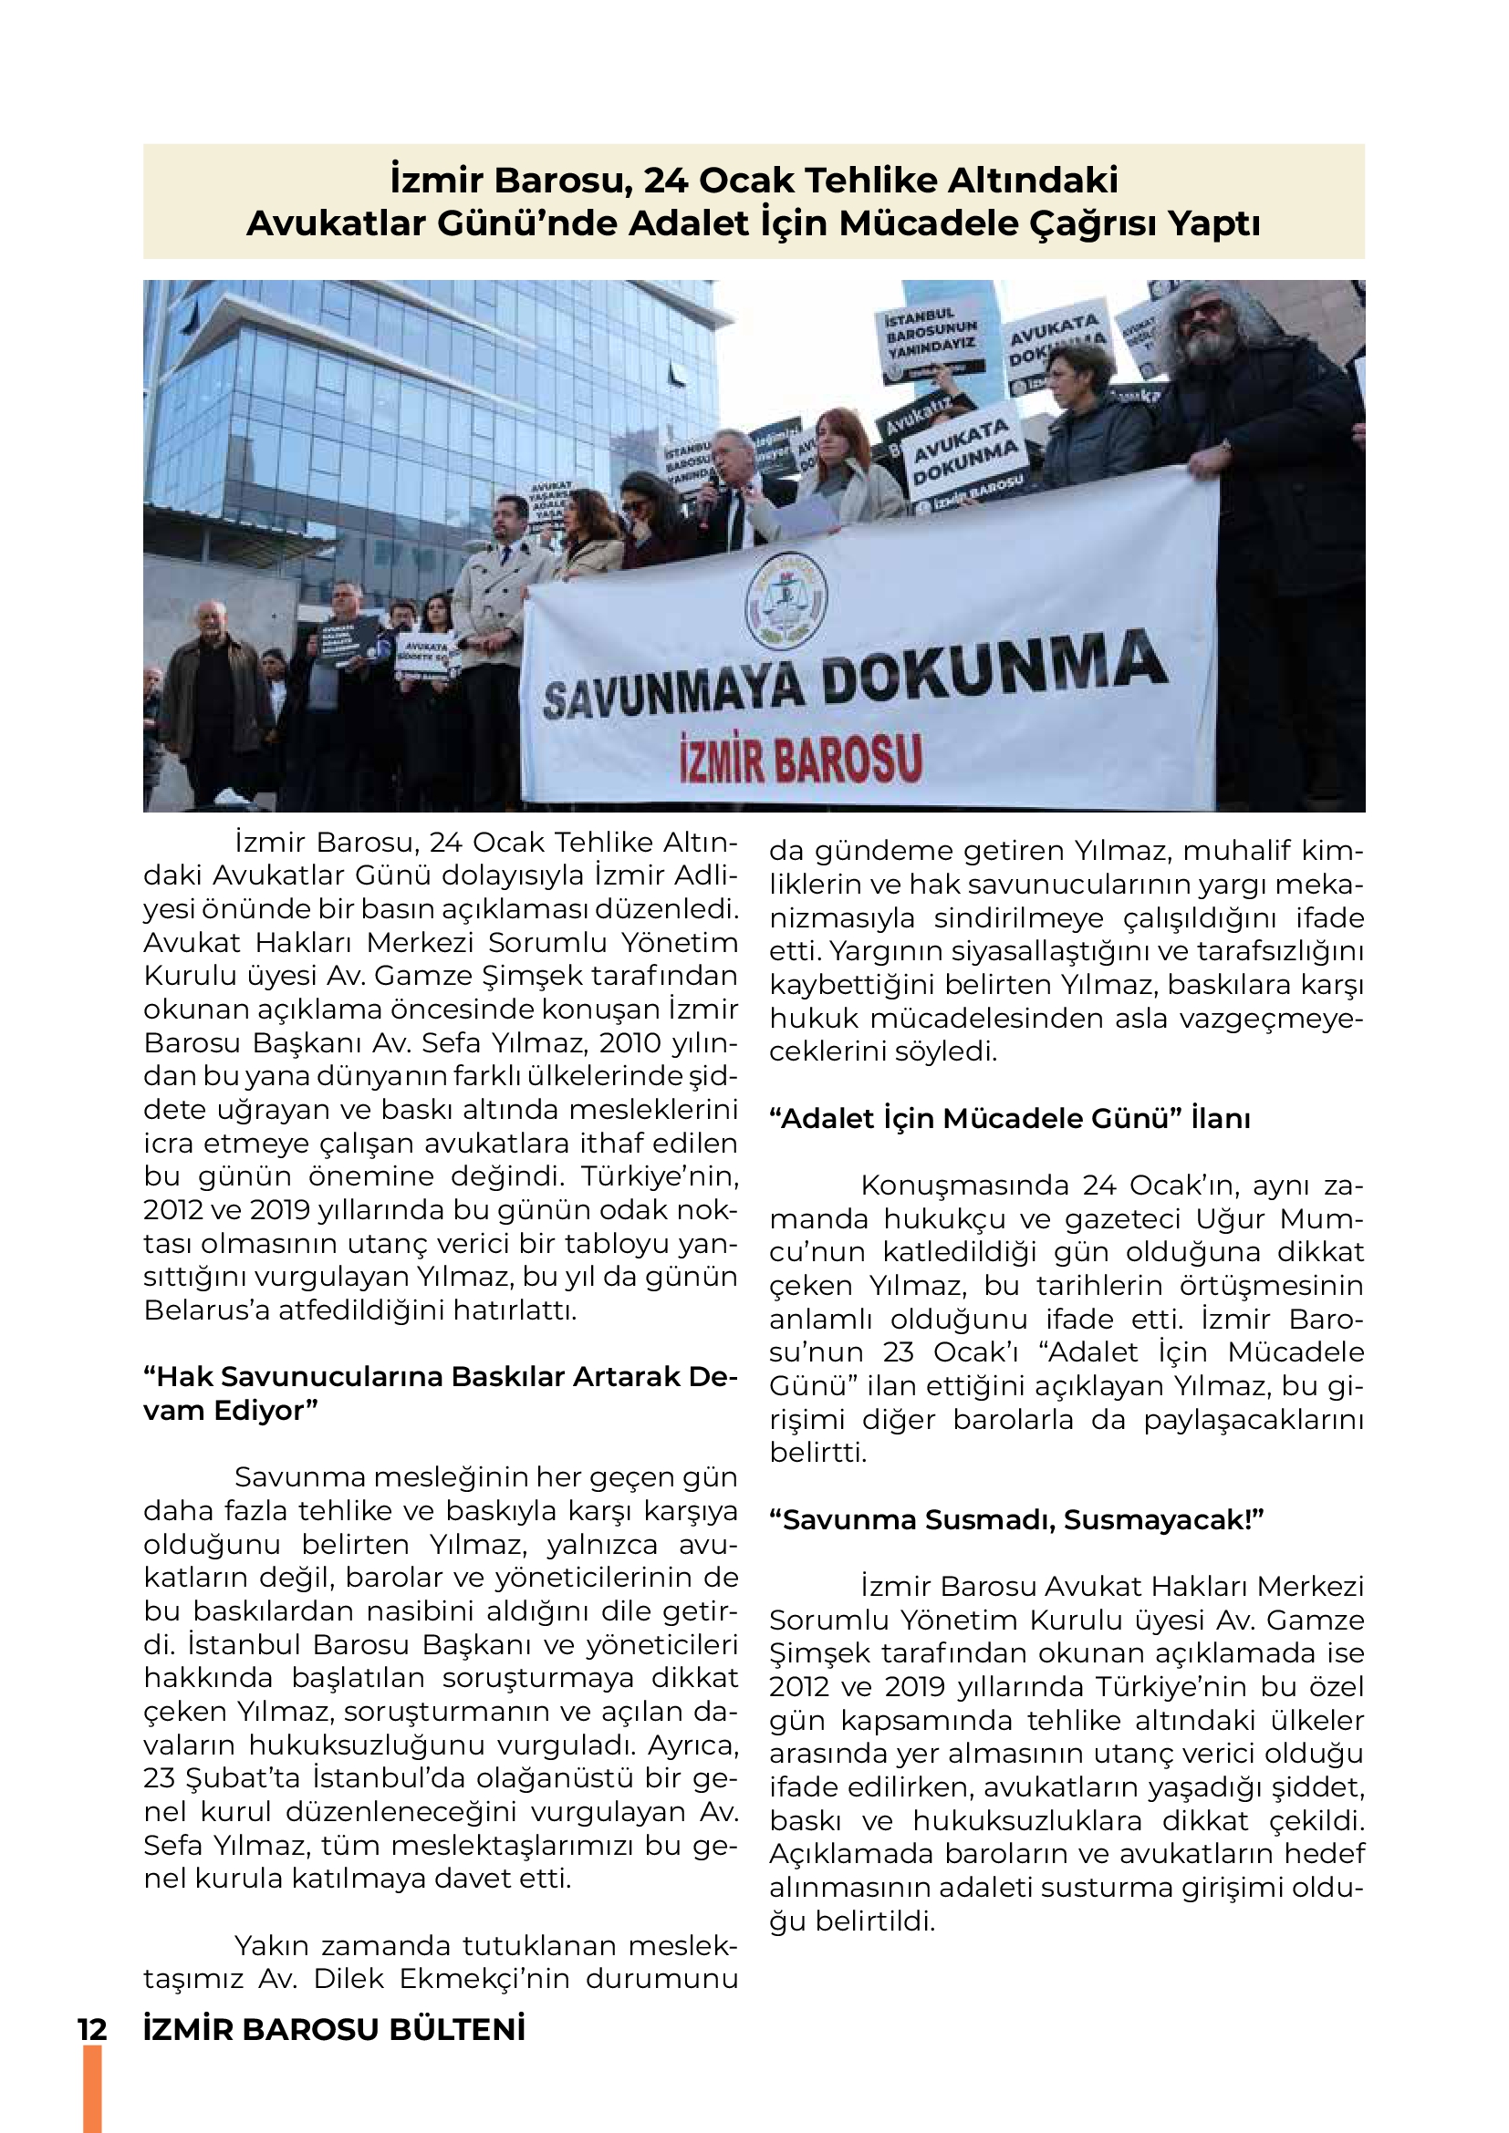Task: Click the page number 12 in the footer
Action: (92, 2029)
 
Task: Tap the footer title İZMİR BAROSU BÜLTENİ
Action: (335, 2029)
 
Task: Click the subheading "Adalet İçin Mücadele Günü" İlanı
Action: (1009, 1119)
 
